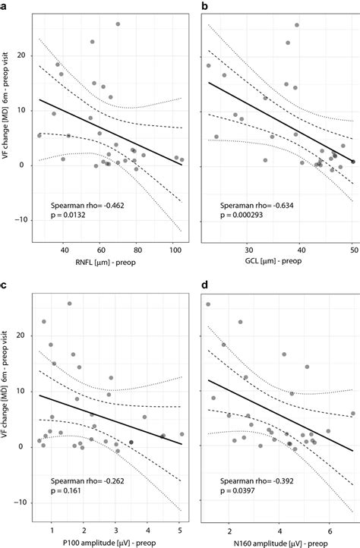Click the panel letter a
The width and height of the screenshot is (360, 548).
(x=5, y=6)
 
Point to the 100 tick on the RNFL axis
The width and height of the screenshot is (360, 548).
(x=173, y=250)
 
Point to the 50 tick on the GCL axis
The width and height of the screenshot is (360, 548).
(x=353, y=250)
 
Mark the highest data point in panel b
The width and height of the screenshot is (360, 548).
(x=297, y=25)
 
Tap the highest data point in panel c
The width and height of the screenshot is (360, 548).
(x=69, y=304)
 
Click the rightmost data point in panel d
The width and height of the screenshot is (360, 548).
(x=353, y=414)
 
